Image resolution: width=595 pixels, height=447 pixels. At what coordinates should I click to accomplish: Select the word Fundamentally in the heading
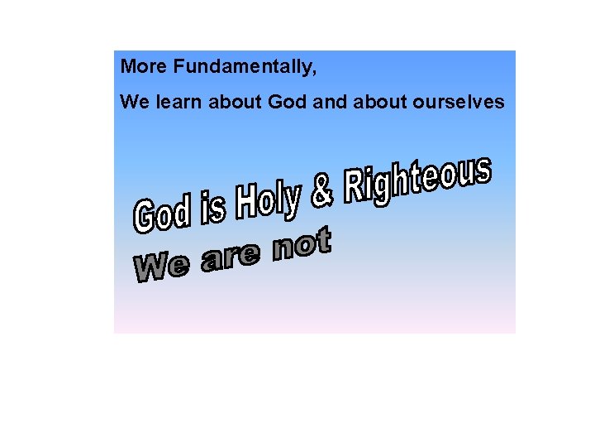click(x=242, y=67)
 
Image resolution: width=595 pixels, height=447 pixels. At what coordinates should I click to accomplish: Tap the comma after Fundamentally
click(x=315, y=71)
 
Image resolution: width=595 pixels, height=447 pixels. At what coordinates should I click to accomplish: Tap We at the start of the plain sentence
click(x=132, y=102)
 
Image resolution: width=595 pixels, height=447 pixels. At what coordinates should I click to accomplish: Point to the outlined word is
click(x=213, y=206)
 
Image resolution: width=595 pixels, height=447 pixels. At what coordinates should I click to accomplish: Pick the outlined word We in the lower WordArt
click(x=161, y=266)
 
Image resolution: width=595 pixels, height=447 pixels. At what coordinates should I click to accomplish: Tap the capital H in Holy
click(x=246, y=203)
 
